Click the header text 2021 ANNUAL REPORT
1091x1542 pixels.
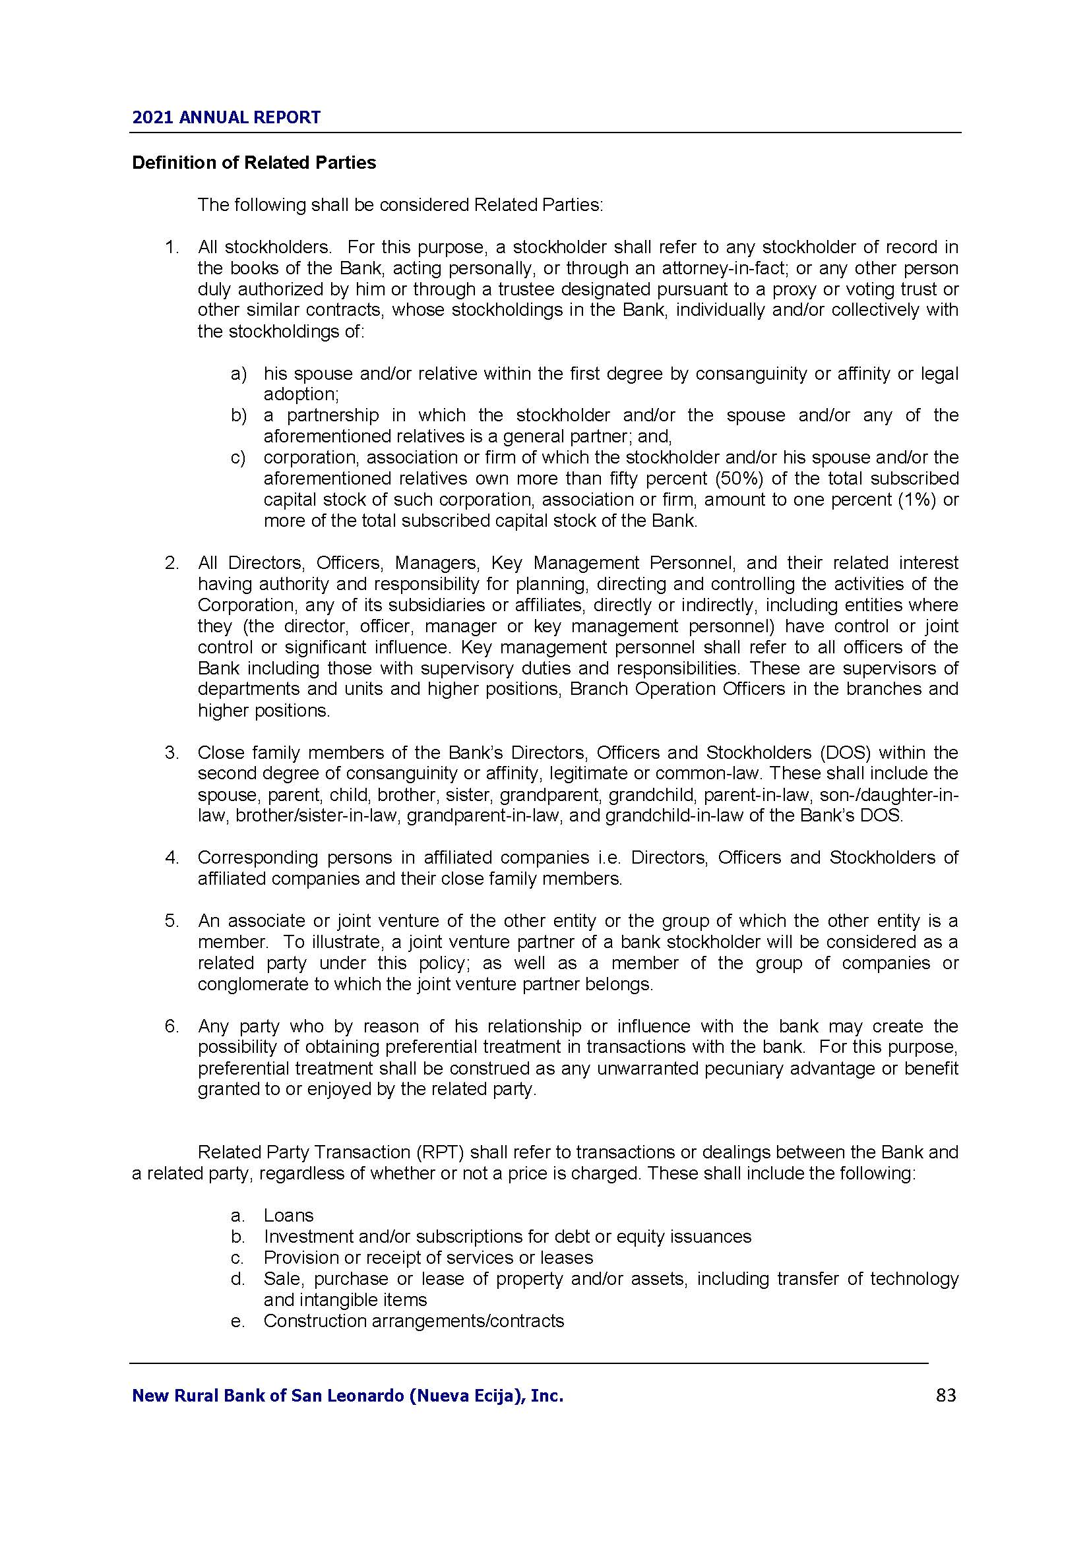pyautogui.click(x=226, y=117)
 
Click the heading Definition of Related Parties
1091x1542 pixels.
pyautogui.click(x=254, y=163)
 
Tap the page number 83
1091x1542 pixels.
pyautogui.click(x=945, y=1396)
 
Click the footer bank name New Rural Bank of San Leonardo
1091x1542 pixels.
pyautogui.click(x=348, y=1396)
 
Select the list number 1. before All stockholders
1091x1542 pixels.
pyautogui.click(x=172, y=247)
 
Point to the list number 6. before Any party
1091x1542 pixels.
pyautogui.click(x=172, y=1026)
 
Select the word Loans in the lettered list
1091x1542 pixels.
pyautogui.click(x=288, y=1216)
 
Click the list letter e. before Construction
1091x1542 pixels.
pyautogui.click(x=237, y=1321)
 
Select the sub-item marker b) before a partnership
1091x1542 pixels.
pyautogui.click(x=239, y=416)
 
